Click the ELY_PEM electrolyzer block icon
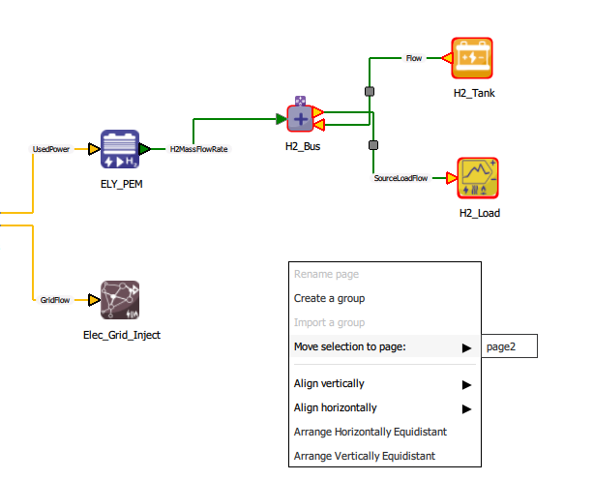pos(121,150)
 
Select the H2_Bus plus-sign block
pos(301,119)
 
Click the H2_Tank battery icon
pos(473,58)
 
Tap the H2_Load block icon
pos(479,178)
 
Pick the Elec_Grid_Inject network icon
pos(120,301)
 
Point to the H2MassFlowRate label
pos(198,150)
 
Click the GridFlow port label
pos(54,301)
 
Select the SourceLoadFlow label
pos(400,179)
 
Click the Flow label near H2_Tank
pos(414,58)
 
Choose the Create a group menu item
pos(329,298)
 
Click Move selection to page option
pos(364,346)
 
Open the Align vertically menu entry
pos(329,384)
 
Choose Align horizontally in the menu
pos(335,407)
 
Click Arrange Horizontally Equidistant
pos(371,432)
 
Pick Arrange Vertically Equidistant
pos(364,456)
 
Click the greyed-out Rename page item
pos(326,274)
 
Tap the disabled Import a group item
pos(329,322)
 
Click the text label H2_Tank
pos(474,92)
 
